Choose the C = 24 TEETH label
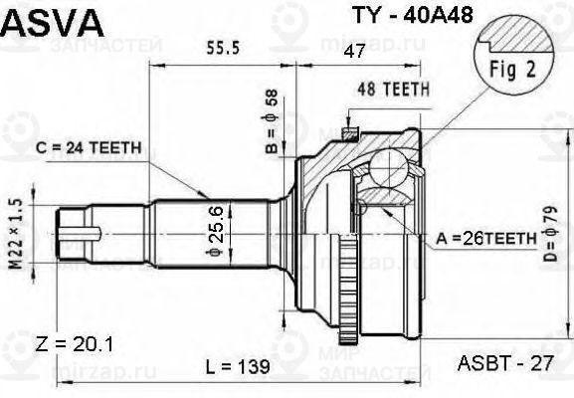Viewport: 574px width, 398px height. tap(87, 147)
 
